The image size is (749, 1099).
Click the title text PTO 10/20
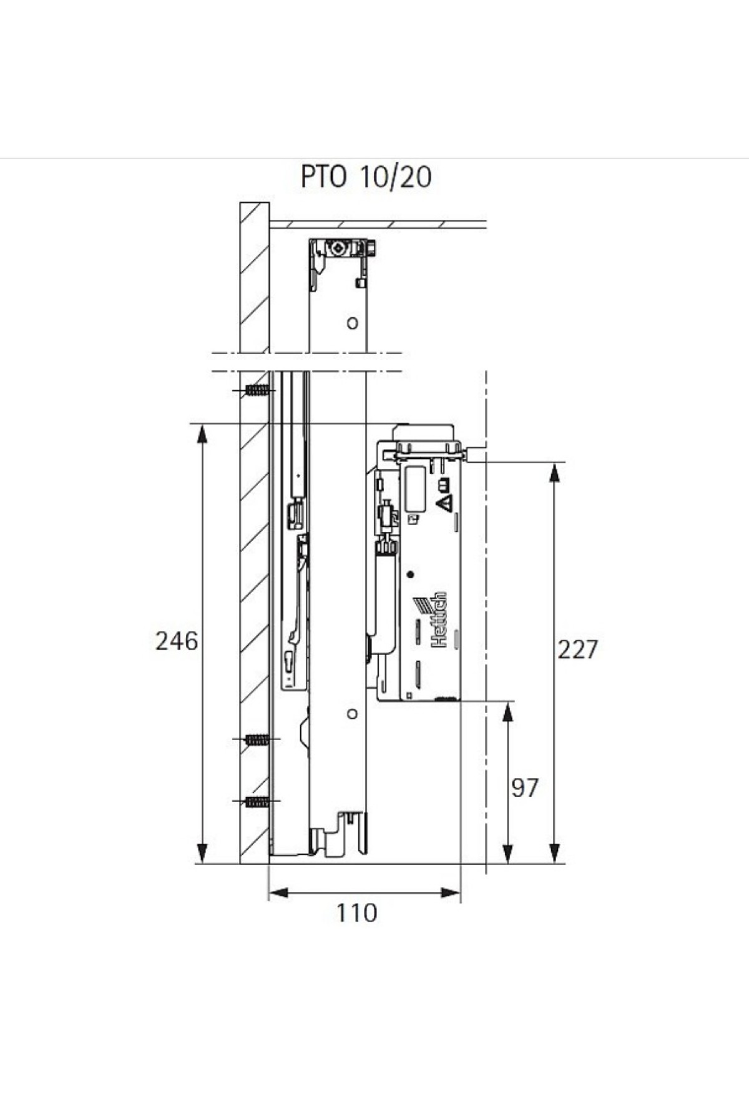click(366, 177)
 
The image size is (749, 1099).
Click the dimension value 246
click(177, 641)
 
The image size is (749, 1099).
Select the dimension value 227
click(577, 649)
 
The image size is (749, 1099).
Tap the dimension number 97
click(524, 788)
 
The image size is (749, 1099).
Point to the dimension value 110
click(357, 913)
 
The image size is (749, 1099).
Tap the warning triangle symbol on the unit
click(446, 503)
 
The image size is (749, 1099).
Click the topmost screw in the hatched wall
click(258, 391)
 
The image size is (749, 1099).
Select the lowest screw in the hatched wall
click(258, 802)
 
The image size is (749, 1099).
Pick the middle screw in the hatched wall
click(258, 740)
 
